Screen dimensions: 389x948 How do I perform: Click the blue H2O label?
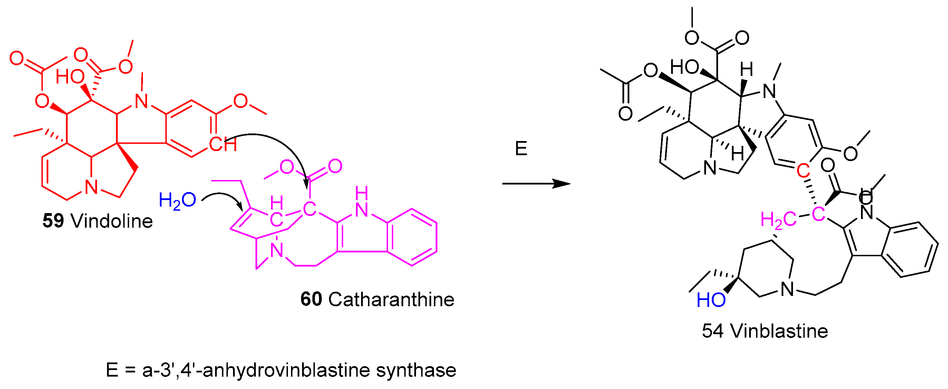(x=177, y=201)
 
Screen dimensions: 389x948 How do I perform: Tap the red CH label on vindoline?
(x=223, y=144)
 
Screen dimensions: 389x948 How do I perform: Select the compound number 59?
(x=53, y=221)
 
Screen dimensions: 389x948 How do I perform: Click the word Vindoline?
(x=112, y=221)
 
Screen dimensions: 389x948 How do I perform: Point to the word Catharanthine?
(x=391, y=299)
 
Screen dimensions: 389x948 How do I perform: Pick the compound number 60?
(x=311, y=299)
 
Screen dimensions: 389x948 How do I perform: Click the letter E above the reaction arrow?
(x=521, y=149)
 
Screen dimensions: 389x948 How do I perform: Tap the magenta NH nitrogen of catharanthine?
(x=361, y=210)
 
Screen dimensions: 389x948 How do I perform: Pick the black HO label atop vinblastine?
(x=684, y=68)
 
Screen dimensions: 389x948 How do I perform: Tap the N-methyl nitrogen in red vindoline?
(x=141, y=101)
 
